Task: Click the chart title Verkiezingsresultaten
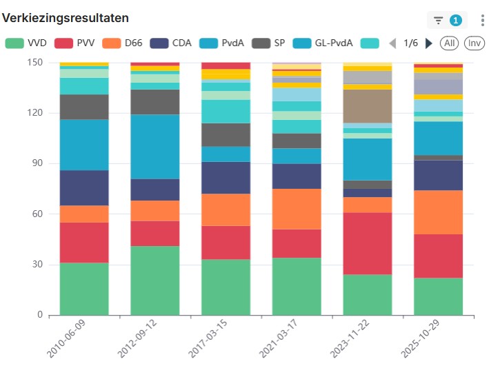66,17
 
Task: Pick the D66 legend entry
124,43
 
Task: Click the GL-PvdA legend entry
324,43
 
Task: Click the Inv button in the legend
474,43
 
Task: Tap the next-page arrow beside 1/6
429,43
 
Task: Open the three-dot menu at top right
482,20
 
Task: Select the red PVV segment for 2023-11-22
368,243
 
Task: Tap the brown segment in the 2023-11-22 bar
368,106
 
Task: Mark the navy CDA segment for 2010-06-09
84,187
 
